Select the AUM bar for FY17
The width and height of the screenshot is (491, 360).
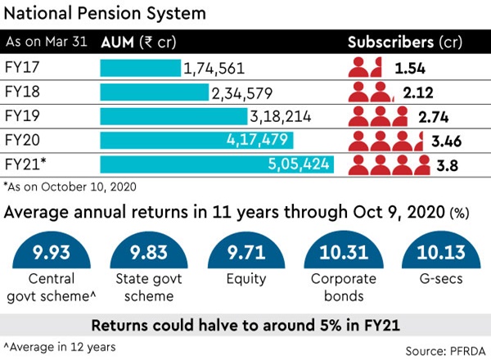(140, 69)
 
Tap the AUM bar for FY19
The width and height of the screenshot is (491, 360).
(173, 116)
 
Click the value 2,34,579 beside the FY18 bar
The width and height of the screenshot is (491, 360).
(243, 93)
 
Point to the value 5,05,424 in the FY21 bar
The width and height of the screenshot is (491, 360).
(300, 164)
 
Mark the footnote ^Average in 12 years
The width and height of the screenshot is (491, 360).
(58, 345)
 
